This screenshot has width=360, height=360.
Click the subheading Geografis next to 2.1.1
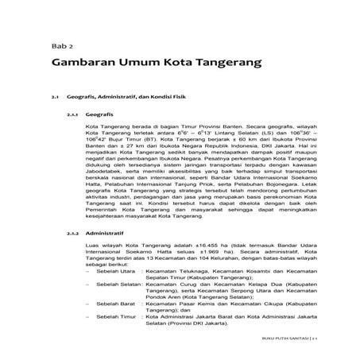click(x=101, y=115)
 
